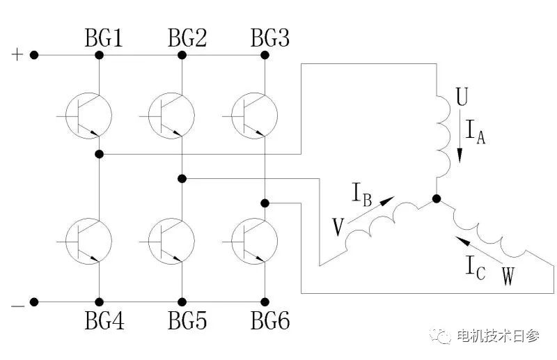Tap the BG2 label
point(187,39)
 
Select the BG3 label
point(270,39)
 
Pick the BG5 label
point(187,322)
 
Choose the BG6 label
point(270,322)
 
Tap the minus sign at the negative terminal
point(17,304)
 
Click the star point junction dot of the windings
point(437,200)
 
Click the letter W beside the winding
point(508,277)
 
